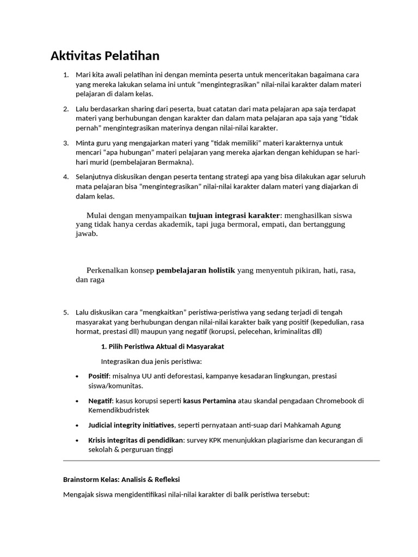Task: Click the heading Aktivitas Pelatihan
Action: point(105,56)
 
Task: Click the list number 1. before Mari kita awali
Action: point(66,75)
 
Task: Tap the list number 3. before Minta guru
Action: point(66,143)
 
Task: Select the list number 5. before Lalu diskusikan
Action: point(66,312)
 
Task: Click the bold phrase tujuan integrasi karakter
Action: point(233,215)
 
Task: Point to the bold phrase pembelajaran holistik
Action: point(195,270)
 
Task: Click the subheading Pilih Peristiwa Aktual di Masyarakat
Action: point(162,346)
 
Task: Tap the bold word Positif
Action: point(99,376)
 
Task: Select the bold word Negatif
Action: point(100,401)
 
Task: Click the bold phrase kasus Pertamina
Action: point(209,401)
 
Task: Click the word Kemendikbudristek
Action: point(118,411)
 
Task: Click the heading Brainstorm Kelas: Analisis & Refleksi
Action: point(121,480)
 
